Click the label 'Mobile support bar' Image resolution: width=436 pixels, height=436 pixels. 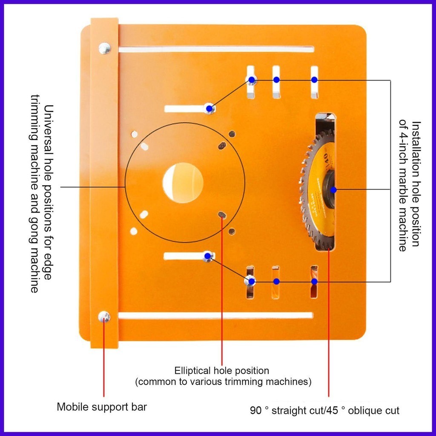click(102, 407)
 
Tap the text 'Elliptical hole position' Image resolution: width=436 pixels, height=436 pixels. click(222, 370)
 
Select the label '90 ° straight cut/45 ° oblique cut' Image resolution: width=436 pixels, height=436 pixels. click(325, 411)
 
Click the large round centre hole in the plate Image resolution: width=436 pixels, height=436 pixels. click(183, 183)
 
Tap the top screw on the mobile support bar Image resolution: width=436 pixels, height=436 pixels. click(104, 48)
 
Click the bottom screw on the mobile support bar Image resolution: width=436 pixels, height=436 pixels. click(104, 316)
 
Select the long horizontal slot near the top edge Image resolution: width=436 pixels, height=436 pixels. click(216, 49)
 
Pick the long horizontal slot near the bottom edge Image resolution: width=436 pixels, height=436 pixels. click(215, 316)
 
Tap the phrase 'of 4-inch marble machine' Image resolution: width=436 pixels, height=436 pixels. click(402, 185)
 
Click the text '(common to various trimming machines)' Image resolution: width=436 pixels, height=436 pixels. click(223, 381)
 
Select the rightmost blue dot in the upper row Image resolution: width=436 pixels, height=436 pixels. click(314, 80)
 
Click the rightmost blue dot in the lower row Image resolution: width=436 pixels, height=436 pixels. click(314, 281)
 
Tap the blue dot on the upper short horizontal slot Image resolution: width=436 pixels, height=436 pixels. click(209, 109)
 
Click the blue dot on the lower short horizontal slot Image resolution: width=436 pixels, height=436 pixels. click(208, 256)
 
